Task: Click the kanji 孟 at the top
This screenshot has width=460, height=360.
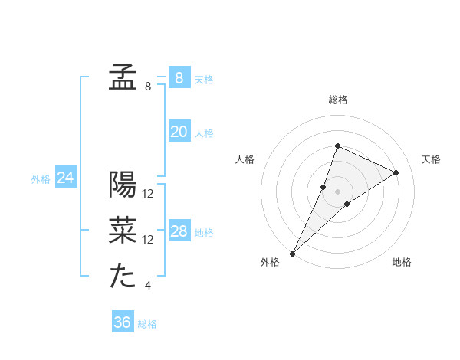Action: [x=123, y=78]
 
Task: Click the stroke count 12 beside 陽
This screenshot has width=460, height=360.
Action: [x=149, y=194]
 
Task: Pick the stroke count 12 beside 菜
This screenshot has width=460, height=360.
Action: [x=149, y=240]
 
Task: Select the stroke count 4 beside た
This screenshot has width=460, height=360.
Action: [x=148, y=286]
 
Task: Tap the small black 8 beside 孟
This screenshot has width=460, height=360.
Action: [x=148, y=87]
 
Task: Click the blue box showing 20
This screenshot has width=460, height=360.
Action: [x=179, y=132]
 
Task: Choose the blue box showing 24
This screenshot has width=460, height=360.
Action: [x=66, y=178]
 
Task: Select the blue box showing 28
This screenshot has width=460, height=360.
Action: [x=179, y=231]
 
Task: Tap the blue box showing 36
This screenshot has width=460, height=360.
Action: [x=123, y=322]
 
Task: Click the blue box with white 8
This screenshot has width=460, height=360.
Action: [x=179, y=77]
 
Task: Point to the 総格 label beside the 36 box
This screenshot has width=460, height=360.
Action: [x=147, y=324]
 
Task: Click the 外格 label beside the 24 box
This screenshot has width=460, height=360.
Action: [x=41, y=179]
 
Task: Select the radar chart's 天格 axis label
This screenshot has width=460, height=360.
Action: [x=431, y=159]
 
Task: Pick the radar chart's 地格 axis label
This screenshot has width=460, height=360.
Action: [x=402, y=262]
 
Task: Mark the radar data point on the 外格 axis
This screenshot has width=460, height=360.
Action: [x=293, y=253]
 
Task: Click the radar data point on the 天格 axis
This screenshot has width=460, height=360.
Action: [x=396, y=172]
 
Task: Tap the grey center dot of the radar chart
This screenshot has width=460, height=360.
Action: [x=337, y=191]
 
